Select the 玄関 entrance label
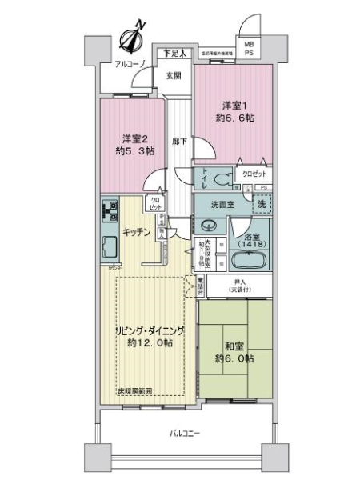[173, 75]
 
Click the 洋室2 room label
[130, 143]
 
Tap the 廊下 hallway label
[179, 141]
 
